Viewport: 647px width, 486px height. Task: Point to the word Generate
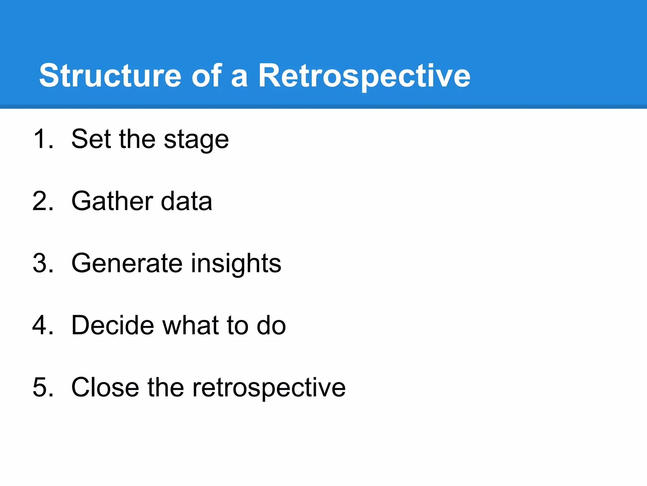pos(127,263)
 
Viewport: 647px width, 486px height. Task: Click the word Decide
pos(112,325)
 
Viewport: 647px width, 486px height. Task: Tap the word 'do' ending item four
pos(271,325)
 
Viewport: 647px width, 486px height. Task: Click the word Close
pos(105,387)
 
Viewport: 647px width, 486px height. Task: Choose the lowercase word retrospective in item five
pos(269,388)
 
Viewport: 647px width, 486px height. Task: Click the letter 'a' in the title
pos(239,78)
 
